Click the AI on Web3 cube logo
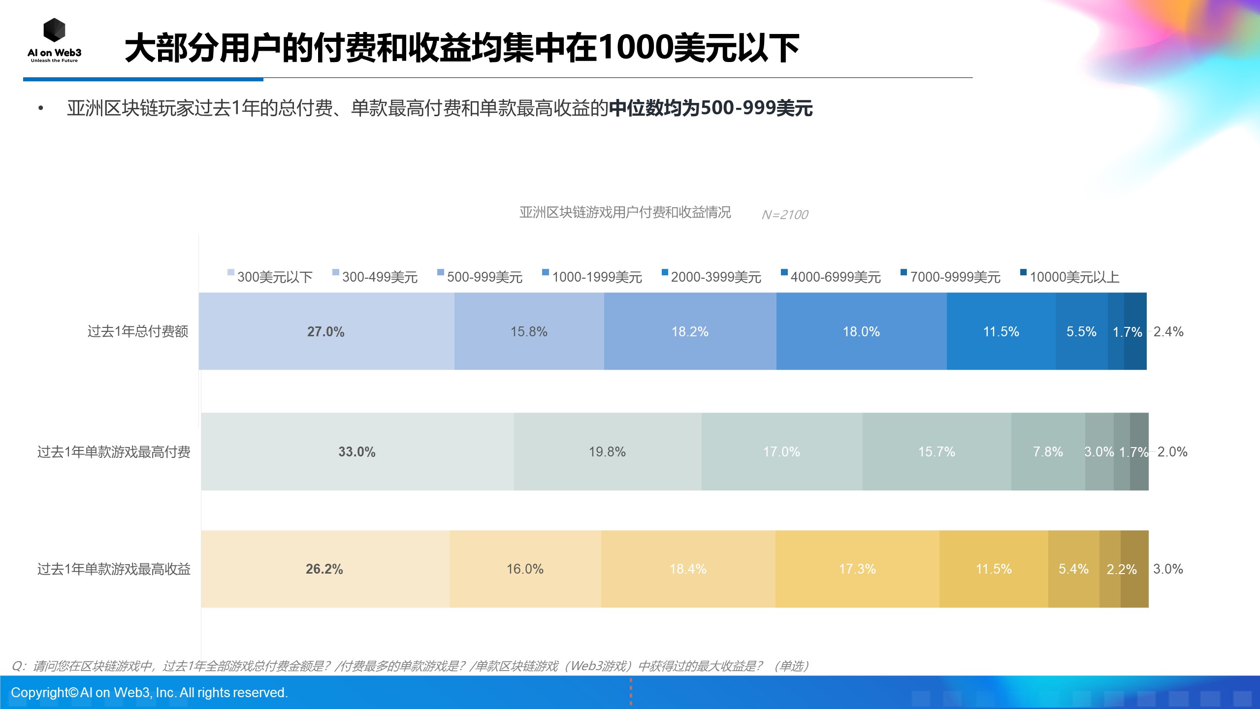pyautogui.click(x=54, y=31)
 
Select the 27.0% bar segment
pyautogui.click(x=326, y=331)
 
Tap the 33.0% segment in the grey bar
pyautogui.click(x=357, y=451)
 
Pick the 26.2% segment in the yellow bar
pyautogui.click(x=324, y=569)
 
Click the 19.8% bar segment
pyautogui.click(x=607, y=451)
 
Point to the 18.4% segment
pyautogui.click(x=688, y=569)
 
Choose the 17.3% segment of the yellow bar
pyautogui.click(x=857, y=569)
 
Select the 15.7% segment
pyautogui.click(x=937, y=451)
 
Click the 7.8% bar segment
pyautogui.click(x=1048, y=451)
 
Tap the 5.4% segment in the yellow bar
pyautogui.click(x=1073, y=569)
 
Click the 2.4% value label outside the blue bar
pyautogui.click(x=1168, y=331)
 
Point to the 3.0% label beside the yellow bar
pyautogui.click(x=1168, y=569)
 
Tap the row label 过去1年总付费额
pyautogui.click(x=138, y=331)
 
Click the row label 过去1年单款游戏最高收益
pyautogui.click(x=114, y=569)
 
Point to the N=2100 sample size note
pyautogui.click(x=784, y=215)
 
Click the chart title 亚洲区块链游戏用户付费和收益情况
pyautogui.click(x=625, y=212)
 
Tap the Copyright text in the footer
pyautogui.click(x=149, y=692)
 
